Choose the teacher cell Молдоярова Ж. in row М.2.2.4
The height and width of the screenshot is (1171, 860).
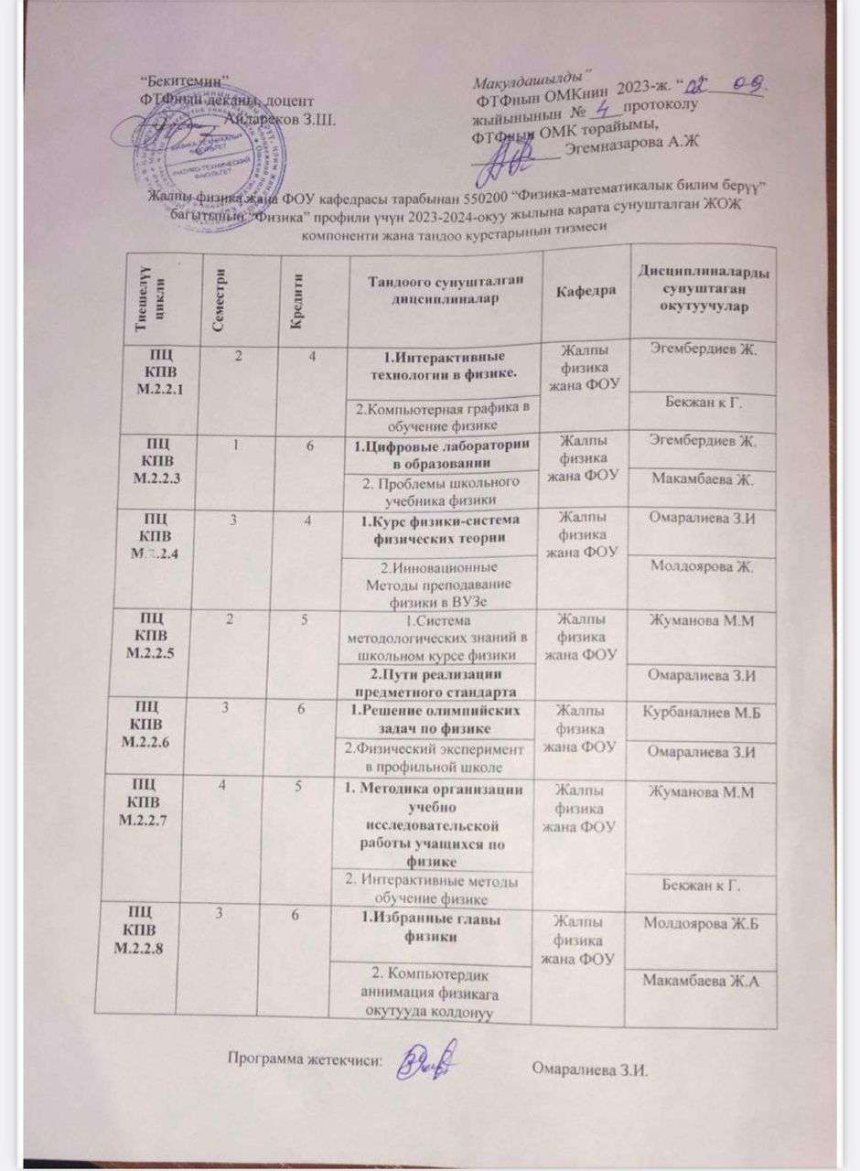pos(700,568)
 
